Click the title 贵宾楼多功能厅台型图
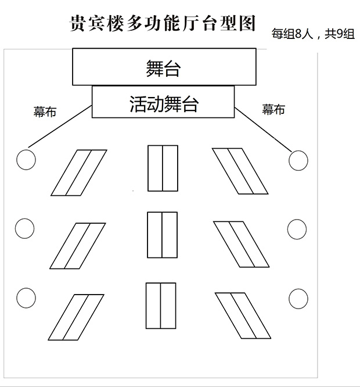pyautogui.click(x=163, y=23)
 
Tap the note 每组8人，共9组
pyautogui.click(x=313, y=34)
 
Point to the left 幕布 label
pyautogui.click(x=45, y=112)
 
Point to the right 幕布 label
pyautogui.click(x=273, y=109)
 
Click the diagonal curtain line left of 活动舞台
pyautogui.click(x=60, y=126)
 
